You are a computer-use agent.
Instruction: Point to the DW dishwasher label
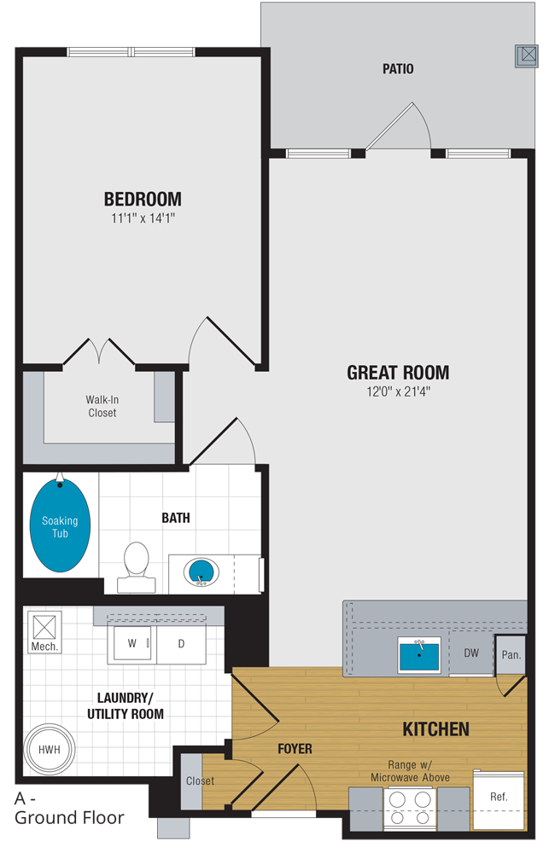click(471, 653)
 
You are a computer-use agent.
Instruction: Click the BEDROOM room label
click(143, 200)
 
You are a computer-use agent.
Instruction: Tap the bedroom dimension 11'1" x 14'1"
click(143, 218)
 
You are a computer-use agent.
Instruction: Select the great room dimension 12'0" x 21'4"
click(398, 392)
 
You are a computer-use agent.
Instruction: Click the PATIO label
click(398, 69)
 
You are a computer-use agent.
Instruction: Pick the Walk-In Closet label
click(102, 406)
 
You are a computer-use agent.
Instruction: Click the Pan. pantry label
click(511, 655)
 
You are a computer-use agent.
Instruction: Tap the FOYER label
click(295, 749)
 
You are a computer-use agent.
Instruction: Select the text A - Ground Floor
click(68, 809)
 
